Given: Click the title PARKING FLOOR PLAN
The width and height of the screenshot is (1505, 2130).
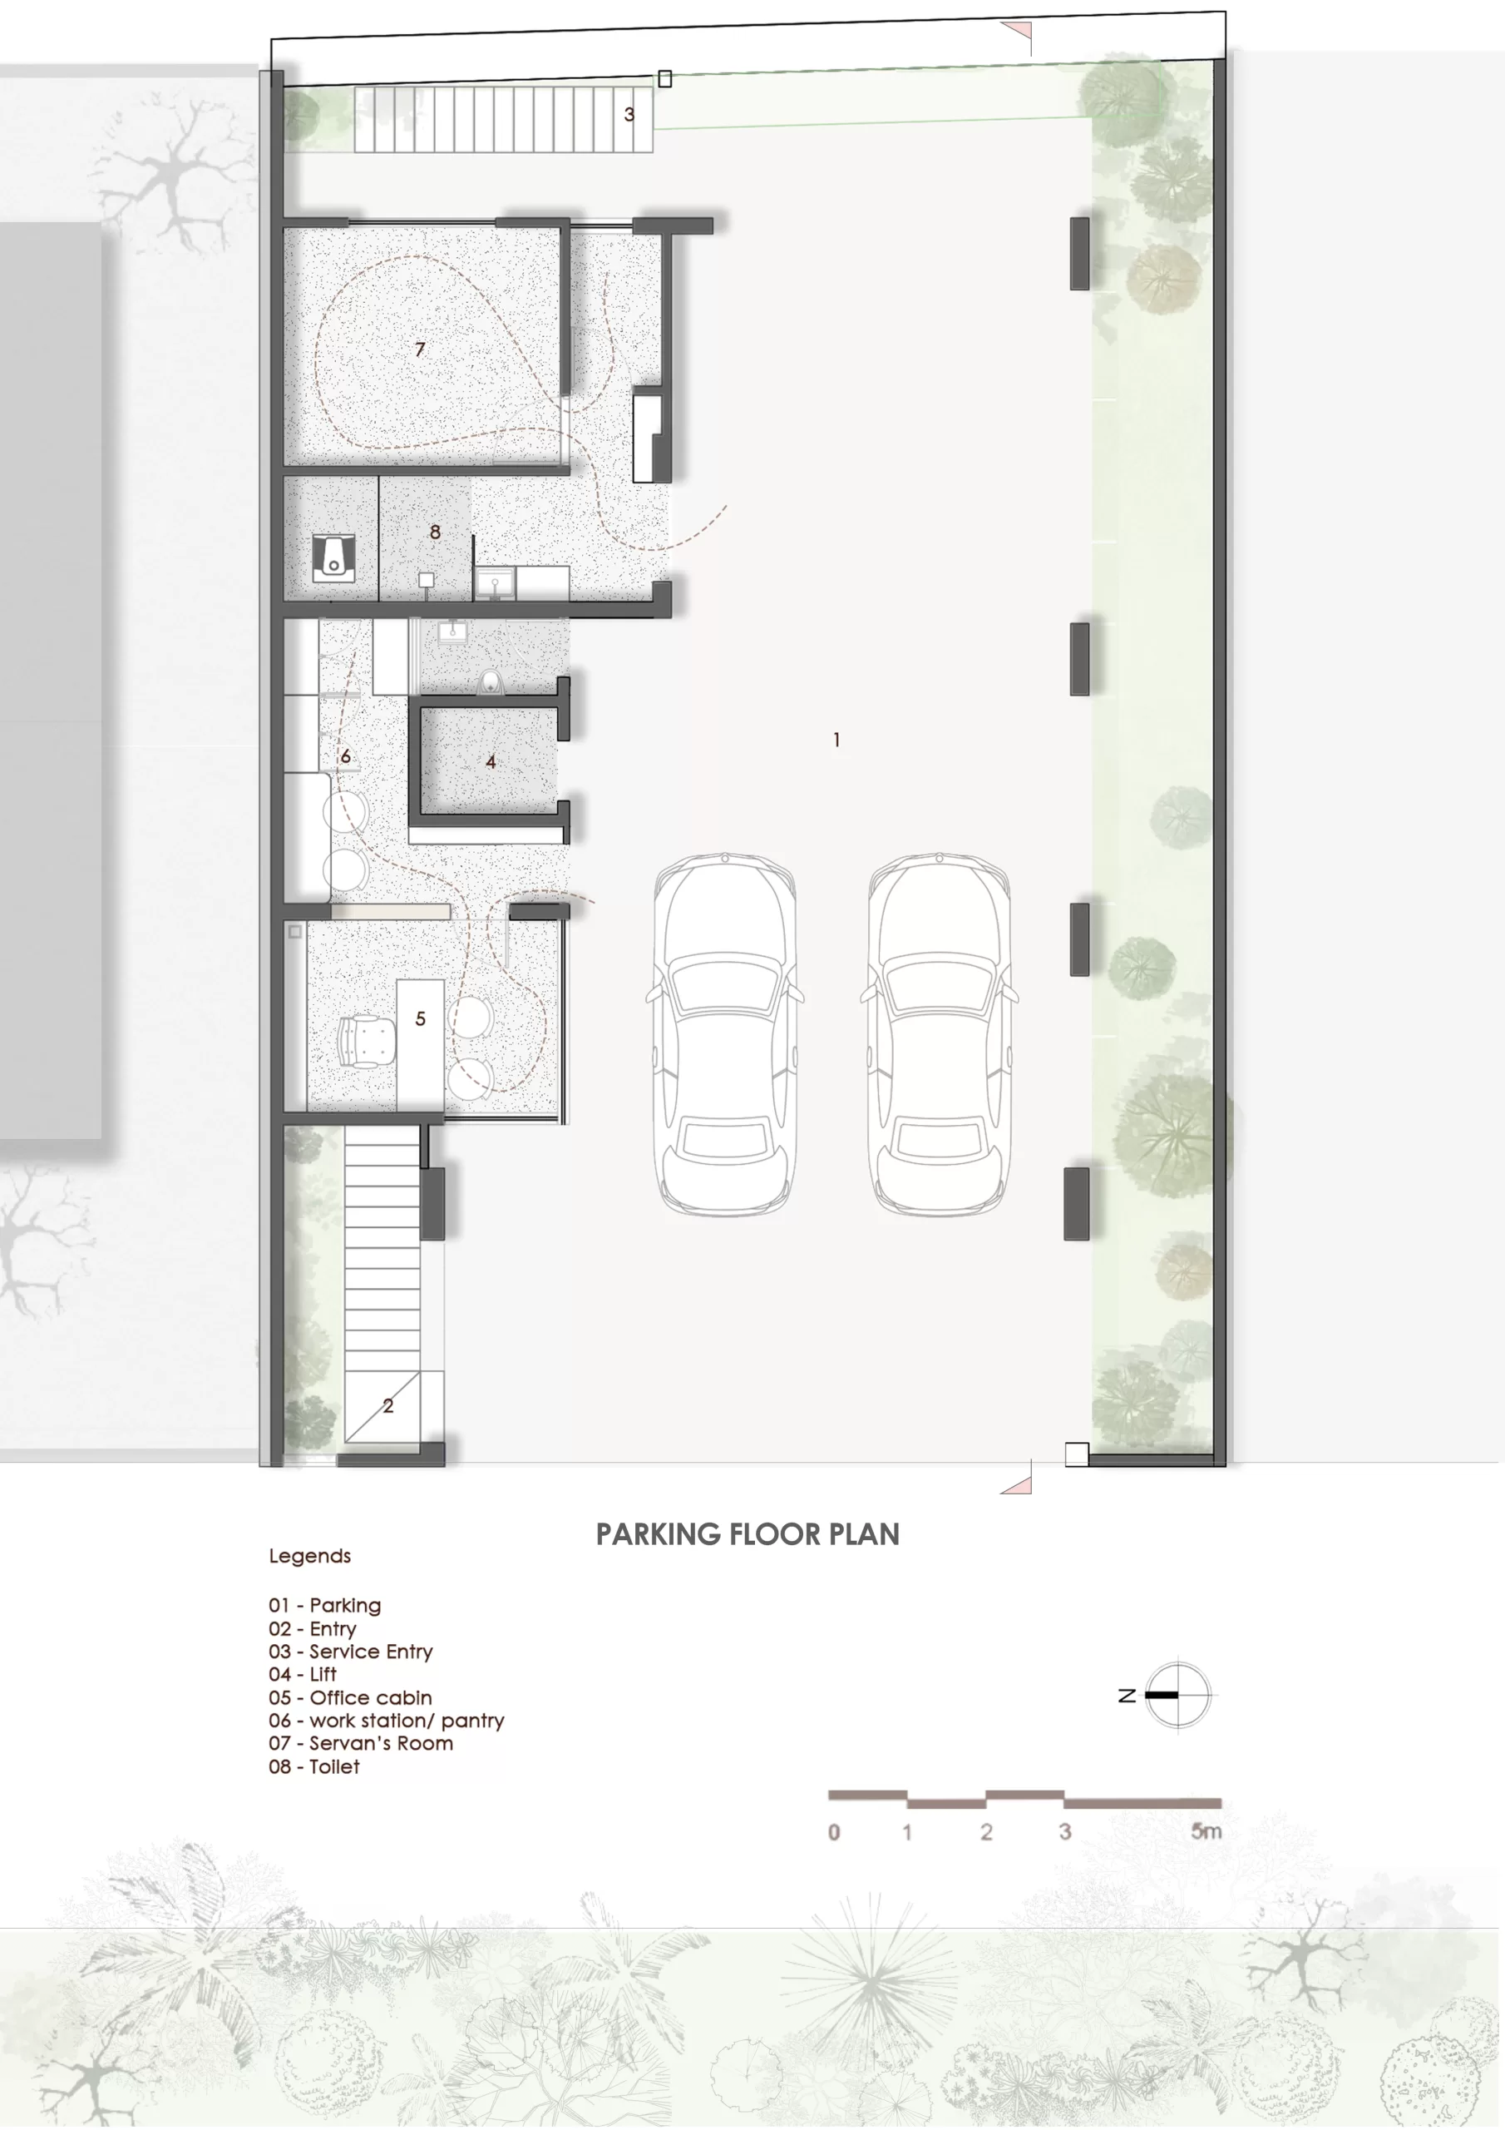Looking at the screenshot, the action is coord(748,1533).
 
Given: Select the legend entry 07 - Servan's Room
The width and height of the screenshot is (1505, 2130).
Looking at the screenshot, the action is coord(361,1742).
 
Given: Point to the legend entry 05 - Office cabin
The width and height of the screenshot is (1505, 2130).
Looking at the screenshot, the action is coord(351,1697).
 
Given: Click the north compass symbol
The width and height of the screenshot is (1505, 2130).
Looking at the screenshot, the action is coord(1177,1694).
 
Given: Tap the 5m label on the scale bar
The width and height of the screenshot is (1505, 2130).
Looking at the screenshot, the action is coord(1206,1831).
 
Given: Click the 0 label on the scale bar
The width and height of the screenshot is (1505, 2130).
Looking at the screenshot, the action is coord(834,1832).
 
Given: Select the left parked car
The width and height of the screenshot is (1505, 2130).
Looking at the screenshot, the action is coord(725,1033).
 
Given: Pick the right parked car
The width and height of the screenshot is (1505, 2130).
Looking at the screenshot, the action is coord(939,1033).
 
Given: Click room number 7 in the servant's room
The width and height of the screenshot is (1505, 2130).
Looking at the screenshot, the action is coord(420,349).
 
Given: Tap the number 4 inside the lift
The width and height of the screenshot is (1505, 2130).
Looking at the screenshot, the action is coord(491,761).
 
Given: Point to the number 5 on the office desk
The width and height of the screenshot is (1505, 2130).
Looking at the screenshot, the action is coord(420,1018).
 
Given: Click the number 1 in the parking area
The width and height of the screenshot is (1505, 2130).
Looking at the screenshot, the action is coord(836,740).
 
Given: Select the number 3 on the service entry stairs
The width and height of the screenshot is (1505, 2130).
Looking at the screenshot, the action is coord(629,114).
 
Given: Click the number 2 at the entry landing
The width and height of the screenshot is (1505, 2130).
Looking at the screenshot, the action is coord(387,1405).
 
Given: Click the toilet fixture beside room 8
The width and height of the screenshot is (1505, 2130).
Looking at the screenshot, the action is coord(333,557).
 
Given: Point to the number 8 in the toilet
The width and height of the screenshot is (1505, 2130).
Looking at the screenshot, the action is coord(435,532).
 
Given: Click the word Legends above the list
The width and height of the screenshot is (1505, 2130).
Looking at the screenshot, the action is coord(309,1556).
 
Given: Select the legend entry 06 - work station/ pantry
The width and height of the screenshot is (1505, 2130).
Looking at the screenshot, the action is coord(387,1720).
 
